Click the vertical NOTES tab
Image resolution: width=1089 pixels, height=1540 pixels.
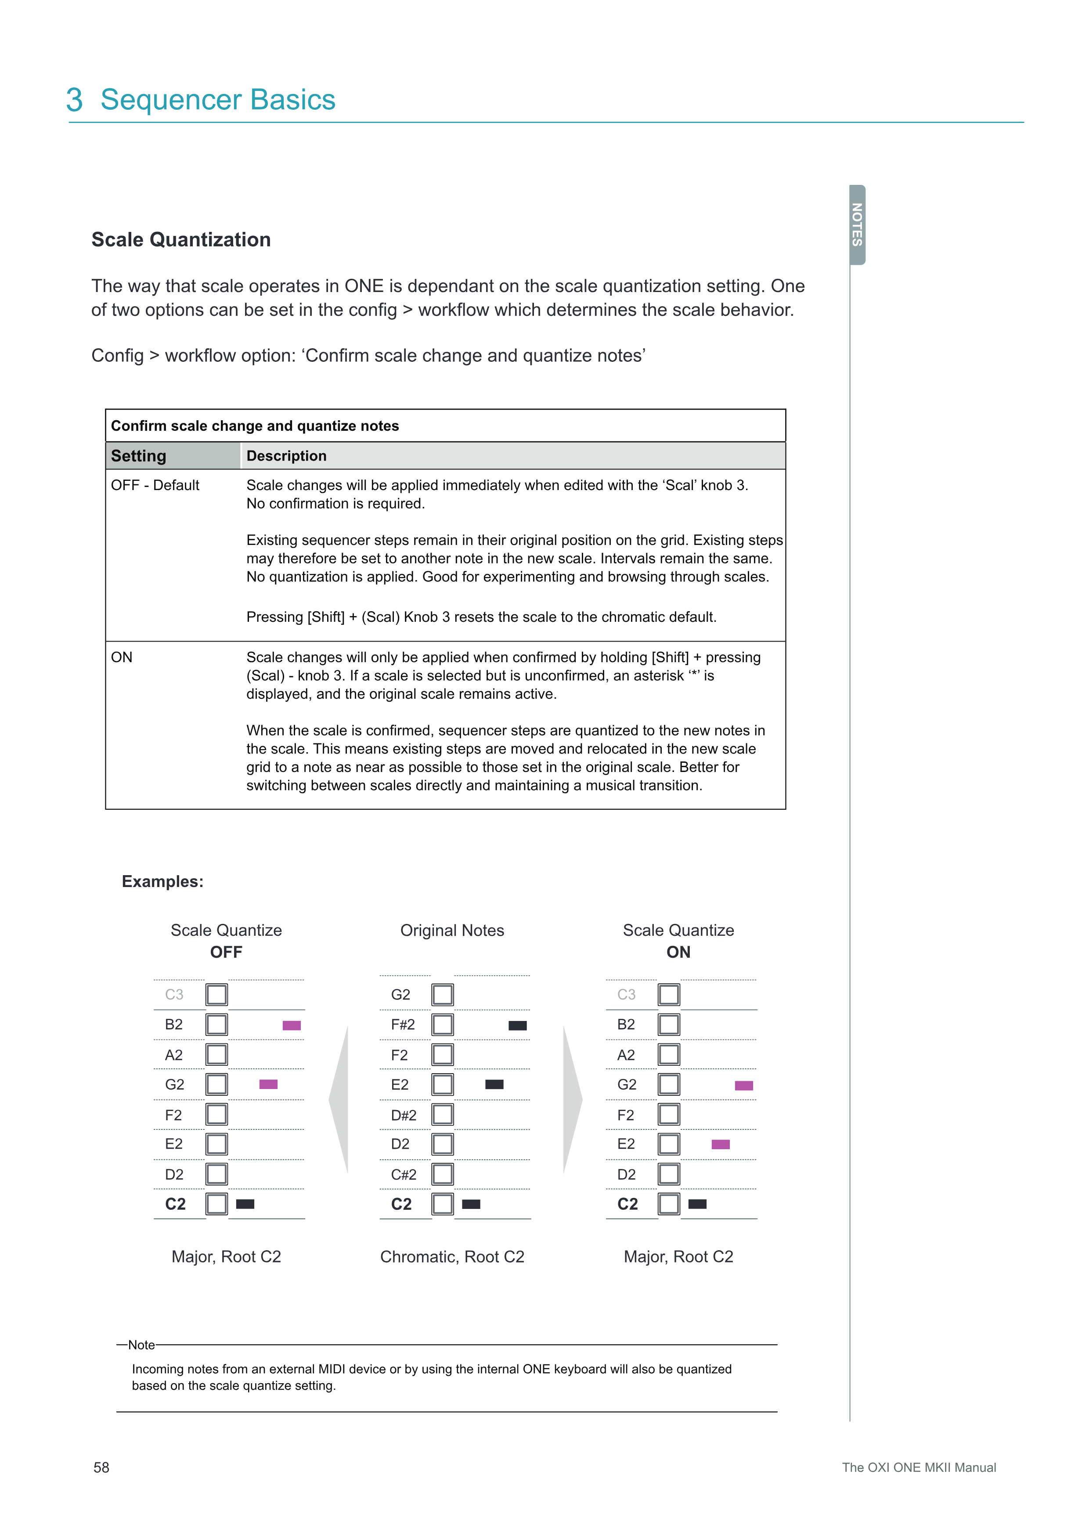click(857, 225)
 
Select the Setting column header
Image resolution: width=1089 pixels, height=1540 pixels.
click(139, 456)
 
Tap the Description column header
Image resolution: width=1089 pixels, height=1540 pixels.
click(286, 456)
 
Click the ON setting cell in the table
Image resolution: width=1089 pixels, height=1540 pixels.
click(122, 657)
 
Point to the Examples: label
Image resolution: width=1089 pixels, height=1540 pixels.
click(162, 881)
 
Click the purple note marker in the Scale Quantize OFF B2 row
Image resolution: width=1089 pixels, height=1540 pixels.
click(292, 1025)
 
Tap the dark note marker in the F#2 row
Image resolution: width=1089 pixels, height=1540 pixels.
click(518, 1025)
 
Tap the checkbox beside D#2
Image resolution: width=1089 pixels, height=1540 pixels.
click(443, 1115)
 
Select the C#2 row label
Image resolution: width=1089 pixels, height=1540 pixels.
click(404, 1175)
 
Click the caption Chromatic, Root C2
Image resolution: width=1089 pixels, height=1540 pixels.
click(452, 1256)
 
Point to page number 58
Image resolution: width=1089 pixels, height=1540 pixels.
click(101, 1468)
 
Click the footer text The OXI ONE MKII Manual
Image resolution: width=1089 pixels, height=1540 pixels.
click(919, 1468)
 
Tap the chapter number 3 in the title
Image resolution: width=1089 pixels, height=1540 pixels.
click(75, 100)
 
